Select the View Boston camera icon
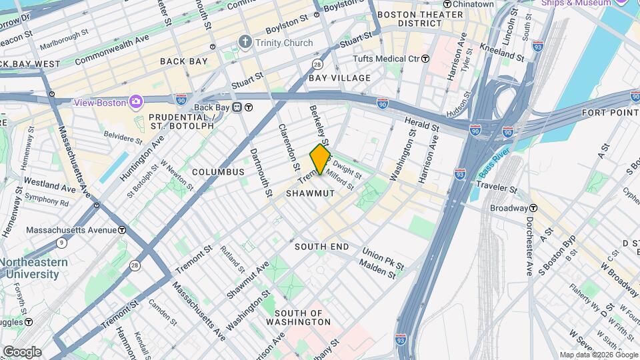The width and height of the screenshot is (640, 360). [137, 102]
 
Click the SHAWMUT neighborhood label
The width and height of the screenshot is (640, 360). [310, 193]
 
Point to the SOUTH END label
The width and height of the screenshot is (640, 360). [322, 247]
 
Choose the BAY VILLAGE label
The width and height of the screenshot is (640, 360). [339, 78]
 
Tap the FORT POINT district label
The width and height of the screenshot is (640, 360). [611, 113]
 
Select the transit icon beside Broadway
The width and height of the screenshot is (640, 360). [533, 208]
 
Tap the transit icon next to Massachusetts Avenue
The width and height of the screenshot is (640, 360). [123, 230]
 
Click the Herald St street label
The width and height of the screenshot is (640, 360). [422, 123]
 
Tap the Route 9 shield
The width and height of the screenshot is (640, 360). [61, 243]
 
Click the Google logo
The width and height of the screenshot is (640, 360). [21, 351]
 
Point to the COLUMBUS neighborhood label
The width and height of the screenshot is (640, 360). [219, 172]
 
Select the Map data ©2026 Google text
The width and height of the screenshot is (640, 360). [598, 355]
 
